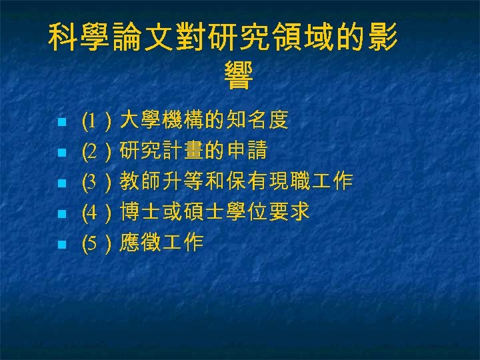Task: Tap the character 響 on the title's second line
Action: (x=239, y=76)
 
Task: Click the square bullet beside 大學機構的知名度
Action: (x=61, y=122)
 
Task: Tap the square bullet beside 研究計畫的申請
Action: (x=61, y=153)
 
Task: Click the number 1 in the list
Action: (x=93, y=121)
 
